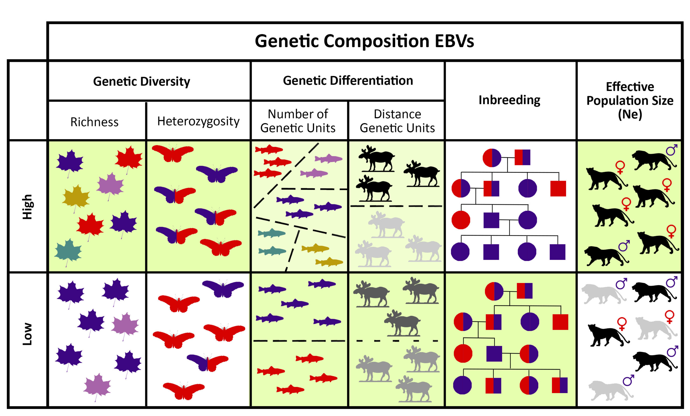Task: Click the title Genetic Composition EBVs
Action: click(x=364, y=41)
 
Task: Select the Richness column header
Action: click(x=94, y=122)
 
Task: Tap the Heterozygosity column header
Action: click(x=198, y=121)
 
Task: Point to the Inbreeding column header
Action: click(x=509, y=100)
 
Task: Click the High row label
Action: click(x=27, y=207)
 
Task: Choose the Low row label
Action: click(x=27, y=334)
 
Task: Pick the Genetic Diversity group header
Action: click(x=142, y=81)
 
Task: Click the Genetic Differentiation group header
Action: click(x=348, y=81)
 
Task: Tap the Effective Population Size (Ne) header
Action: click(x=630, y=100)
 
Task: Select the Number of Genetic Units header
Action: click(x=298, y=121)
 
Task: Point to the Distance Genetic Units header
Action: click(x=397, y=121)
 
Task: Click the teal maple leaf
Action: click(x=68, y=250)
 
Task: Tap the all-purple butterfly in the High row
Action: click(x=216, y=173)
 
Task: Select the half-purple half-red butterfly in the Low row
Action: click(x=208, y=362)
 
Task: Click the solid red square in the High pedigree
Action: click(x=558, y=188)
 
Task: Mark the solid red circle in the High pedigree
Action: click(x=461, y=220)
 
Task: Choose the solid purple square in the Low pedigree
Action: click(x=494, y=354)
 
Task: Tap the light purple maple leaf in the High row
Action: click(x=110, y=184)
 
